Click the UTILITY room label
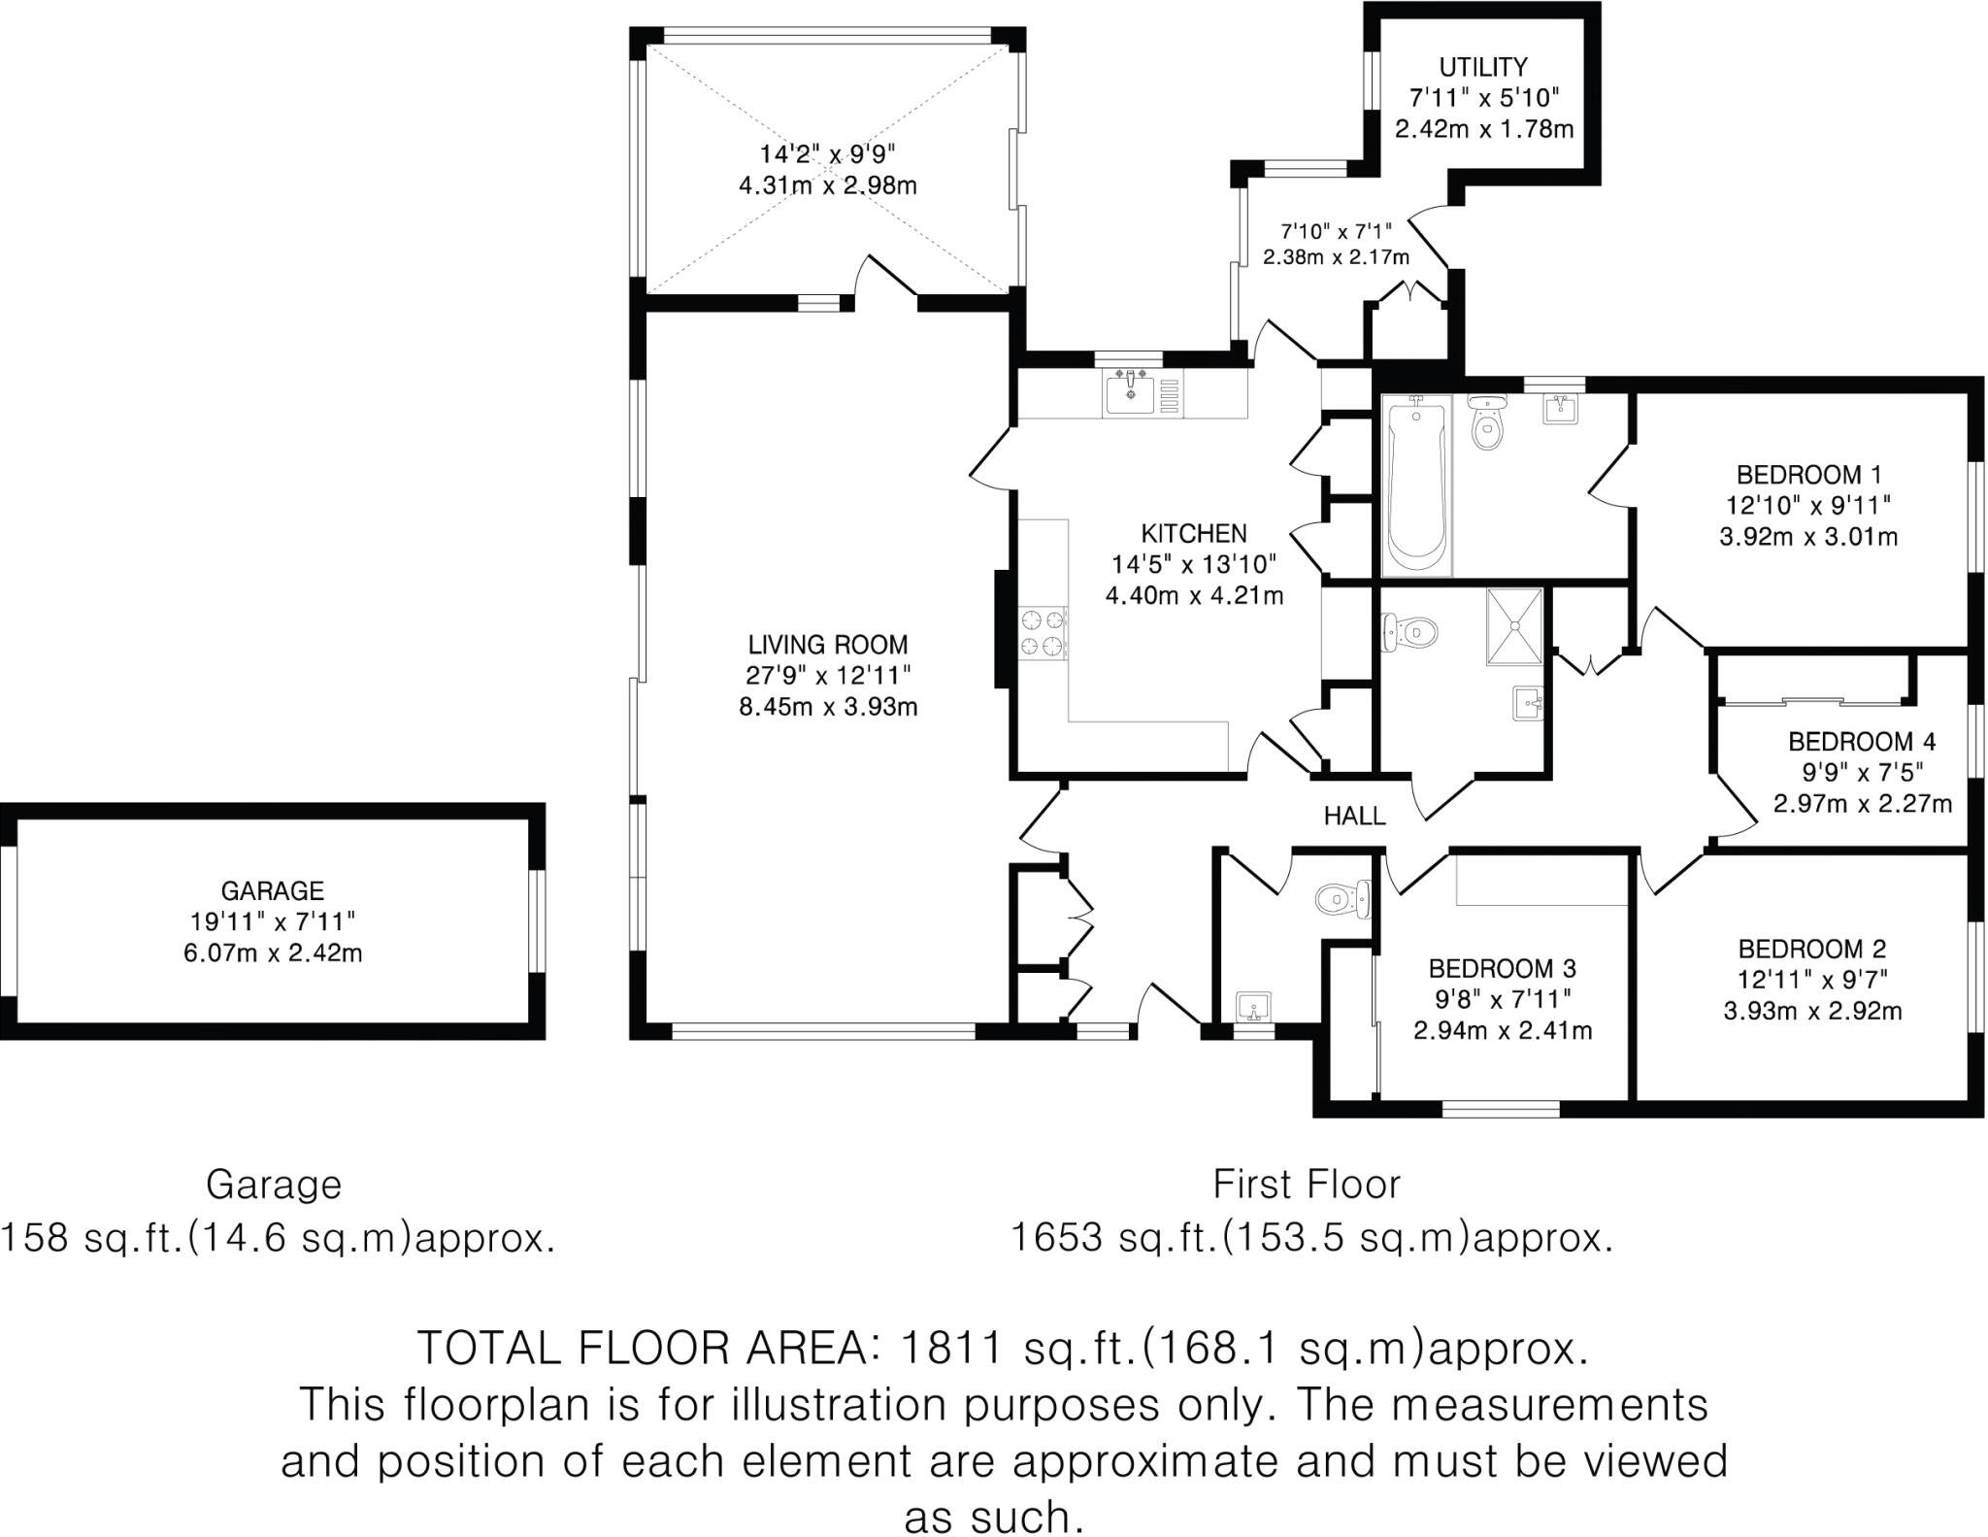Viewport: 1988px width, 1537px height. tap(1482, 67)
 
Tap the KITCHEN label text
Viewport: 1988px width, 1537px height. tap(1193, 533)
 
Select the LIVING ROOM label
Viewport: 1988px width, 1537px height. tap(827, 645)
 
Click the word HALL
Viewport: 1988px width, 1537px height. tap(1354, 816)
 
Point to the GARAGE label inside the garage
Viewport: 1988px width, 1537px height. tap(272, 890)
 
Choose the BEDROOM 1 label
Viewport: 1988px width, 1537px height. tap(1808, 475)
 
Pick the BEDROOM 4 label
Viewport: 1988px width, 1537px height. tap(1861, 742)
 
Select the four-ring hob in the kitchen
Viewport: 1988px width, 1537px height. tap(1042, 632)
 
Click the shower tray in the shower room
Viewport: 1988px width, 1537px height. tap(1512, 626)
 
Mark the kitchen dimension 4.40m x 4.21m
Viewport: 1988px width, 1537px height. tap(1193, 595)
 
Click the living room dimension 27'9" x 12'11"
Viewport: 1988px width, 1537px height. tap(827, 676)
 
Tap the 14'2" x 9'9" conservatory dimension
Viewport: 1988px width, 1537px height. tap(827, 153)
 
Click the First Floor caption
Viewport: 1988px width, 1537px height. tap(1307, 1185)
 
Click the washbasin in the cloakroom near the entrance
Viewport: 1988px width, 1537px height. tap(1253, 1008)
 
